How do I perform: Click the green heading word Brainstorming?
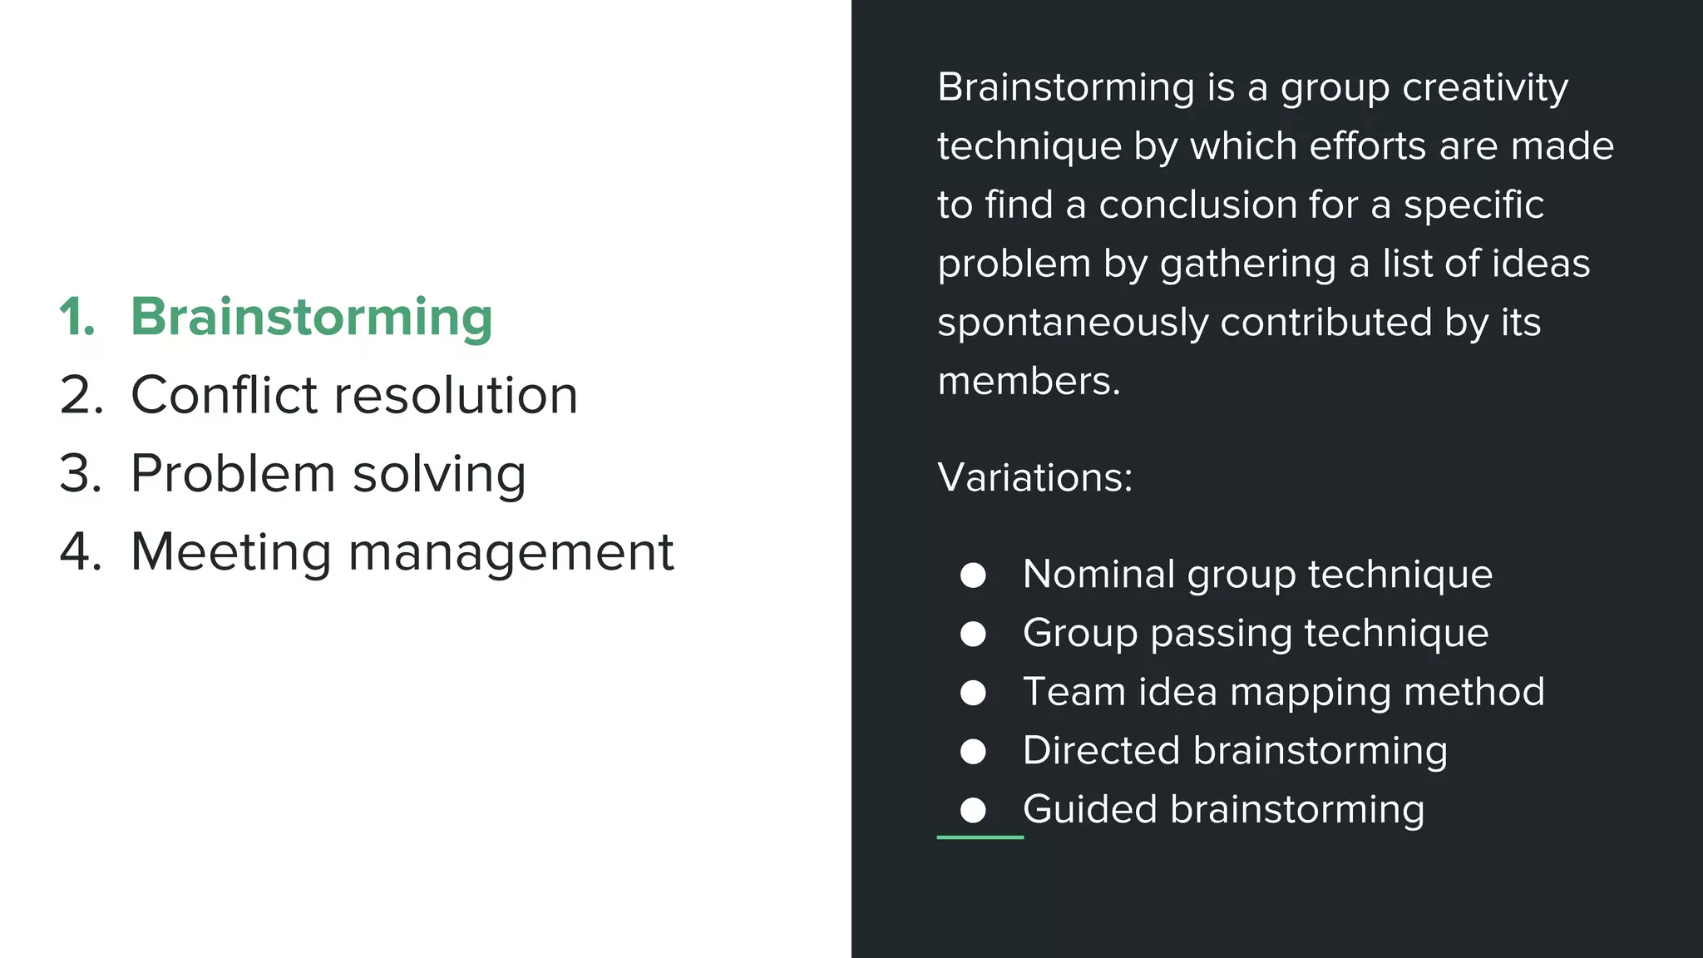311,318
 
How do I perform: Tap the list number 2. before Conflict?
81,395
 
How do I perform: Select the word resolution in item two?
456,395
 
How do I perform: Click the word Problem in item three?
233,473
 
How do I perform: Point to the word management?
510,553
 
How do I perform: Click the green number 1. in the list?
77,318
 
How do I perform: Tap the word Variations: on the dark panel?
1034,477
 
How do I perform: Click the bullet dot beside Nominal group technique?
973,575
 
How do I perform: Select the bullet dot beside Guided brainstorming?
973,810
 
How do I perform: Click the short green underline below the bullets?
980,837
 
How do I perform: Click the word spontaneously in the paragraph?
1072,323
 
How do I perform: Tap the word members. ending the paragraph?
1029,381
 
